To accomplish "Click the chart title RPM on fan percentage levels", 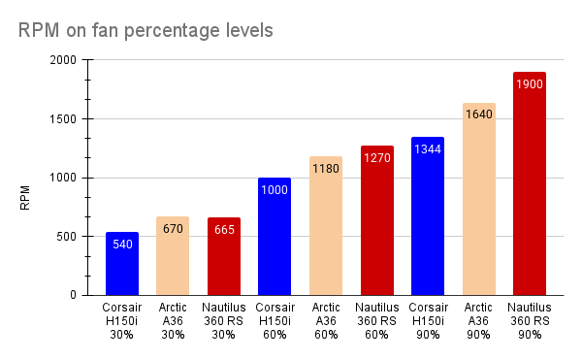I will point(145,30).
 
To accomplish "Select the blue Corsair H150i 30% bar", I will point(122,264).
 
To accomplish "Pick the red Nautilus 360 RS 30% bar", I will point(224,257).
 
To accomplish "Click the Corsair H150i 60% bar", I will point(275,237).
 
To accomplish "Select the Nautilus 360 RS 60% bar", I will point(376,221).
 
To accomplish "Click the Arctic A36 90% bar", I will point(478,199).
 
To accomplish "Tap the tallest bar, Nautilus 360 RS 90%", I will point(530,184).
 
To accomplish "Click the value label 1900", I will point(530,84).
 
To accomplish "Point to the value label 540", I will point(122,244).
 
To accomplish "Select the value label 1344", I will point(428,149).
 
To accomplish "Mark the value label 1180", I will point(326,169).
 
